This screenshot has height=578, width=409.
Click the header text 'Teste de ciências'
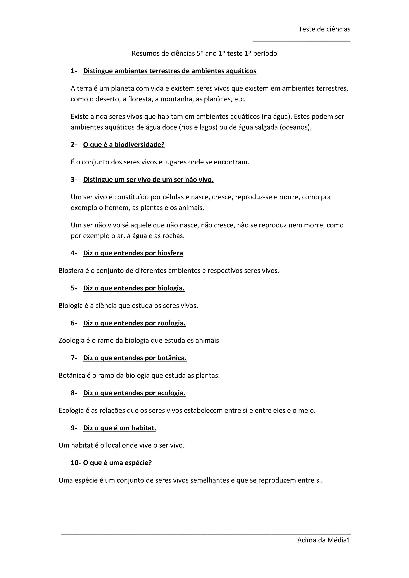click(324, 29)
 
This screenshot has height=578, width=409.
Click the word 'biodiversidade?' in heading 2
click(140, 144)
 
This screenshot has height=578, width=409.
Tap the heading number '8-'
click(74, 393)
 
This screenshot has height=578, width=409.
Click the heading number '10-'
click(75, 463)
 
